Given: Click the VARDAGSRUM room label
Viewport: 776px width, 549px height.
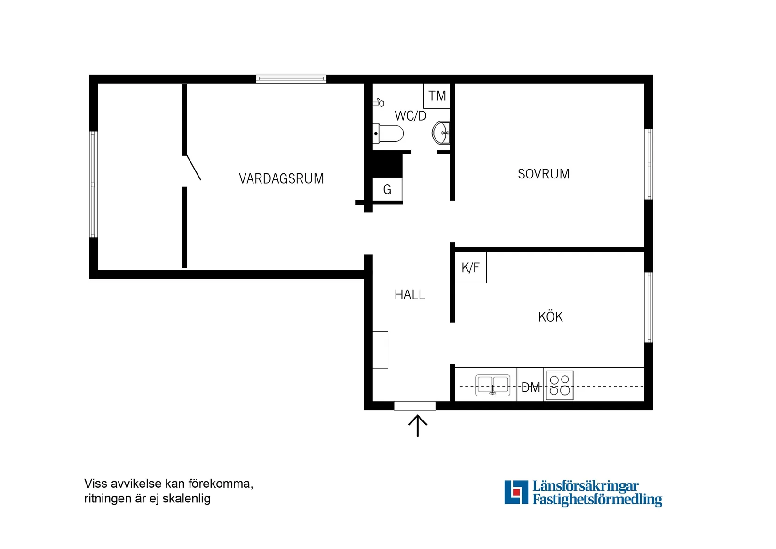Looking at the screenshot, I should pyautogui.click(x=281, y=179).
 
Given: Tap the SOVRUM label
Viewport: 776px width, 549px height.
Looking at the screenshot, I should pyautogui.click(x=544, y=174).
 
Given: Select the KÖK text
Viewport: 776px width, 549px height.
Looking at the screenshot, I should pyautogui.click(x=550, y=317).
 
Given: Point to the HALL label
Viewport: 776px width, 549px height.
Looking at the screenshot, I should pyautogui.click(x=410, y=295).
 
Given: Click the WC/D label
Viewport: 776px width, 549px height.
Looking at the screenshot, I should pyautogui.click(x=410, y=116).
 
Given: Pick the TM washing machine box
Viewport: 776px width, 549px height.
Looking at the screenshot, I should pyautogui.click(x=437, y=96).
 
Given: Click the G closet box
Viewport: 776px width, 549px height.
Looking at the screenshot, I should pyautogui.click(x=387, y=190).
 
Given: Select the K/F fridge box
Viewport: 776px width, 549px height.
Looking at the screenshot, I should pyautogui.click(x=470, y=267).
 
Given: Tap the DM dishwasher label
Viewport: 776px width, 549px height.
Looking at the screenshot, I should pyautogui.click(x=531, y=388).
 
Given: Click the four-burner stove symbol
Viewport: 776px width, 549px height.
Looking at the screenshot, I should pyautogui.click(x=559, y=385).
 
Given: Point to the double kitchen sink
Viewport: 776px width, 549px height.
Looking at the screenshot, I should pyautogui.click(x=492, y=385).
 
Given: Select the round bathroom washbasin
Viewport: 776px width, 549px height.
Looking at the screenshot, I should pyautogui.click(x=441, y=133).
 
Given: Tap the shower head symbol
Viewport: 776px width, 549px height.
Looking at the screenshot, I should pyautogui.click(x=379, y=102).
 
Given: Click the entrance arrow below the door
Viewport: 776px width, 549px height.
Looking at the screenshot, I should pyautogui.click(x=417, y=425).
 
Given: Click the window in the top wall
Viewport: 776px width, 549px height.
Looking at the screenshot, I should pyautogui.click(x=291, y=79).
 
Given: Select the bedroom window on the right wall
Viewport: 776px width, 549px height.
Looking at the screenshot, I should pyautogui.click(x=649, y=164).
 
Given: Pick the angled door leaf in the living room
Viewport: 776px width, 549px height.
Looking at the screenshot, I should pyautogui.click(x=194, y=168).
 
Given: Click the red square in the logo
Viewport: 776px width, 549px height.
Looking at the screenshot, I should pyautogui.click(x=516, y=492).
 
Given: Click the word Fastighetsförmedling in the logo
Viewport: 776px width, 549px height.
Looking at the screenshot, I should pyautogui.click(x=597, y=499).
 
